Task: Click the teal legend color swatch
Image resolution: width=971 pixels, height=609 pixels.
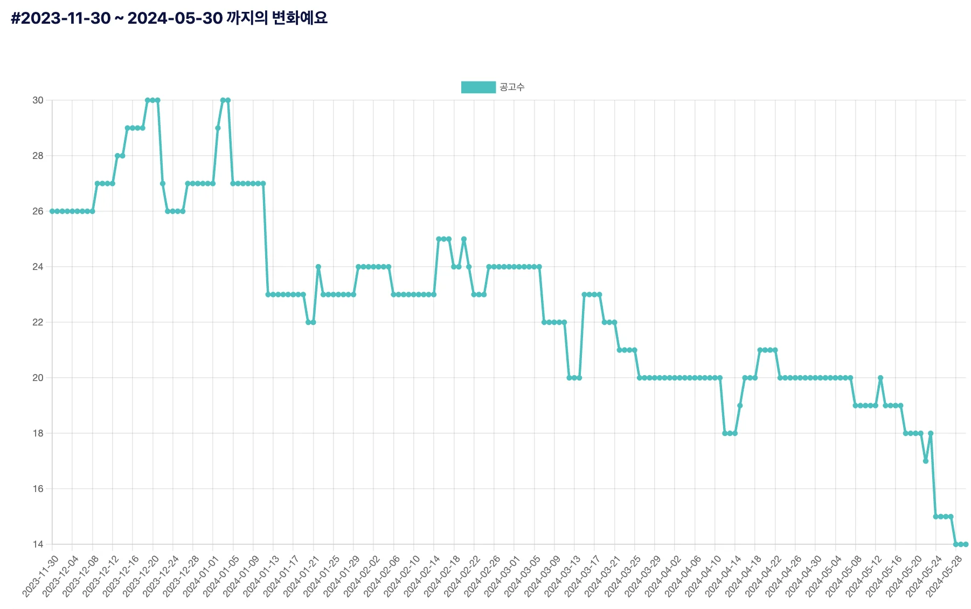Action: (x=478, y=87)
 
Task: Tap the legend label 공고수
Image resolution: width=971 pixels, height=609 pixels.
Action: (x=511, y=87)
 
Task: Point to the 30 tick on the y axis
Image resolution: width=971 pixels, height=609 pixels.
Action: (x=38, y=100)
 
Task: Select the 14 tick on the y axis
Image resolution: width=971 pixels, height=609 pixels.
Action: (x=38, y=544)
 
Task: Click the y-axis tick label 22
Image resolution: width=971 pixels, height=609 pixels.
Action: (x=38, y=322)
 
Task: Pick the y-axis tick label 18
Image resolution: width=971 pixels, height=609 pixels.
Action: (x=38, y=433)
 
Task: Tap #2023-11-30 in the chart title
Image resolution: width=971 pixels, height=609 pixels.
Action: (x=60, y=18)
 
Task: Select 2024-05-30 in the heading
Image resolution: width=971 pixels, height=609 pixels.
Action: (x=175, y=18)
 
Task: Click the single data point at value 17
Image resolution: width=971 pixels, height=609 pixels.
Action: (x=926, y=461)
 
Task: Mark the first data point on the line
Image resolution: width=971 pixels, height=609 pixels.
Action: (x=52, y=211)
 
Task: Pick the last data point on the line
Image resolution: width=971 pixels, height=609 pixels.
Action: (x=966, y=544)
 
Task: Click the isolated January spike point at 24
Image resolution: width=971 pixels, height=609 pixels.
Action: (x=318, y=267)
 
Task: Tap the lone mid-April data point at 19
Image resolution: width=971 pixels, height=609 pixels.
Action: (x=740, y=406)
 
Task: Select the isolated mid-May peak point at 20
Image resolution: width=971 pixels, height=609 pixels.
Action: (x=880, y=378)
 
